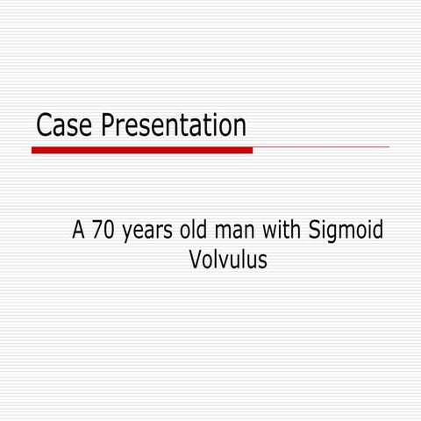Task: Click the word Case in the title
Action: (x=64, y=125)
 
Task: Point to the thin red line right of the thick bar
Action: (x=321, y=147)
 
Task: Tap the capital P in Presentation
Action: (x=108, y=125)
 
